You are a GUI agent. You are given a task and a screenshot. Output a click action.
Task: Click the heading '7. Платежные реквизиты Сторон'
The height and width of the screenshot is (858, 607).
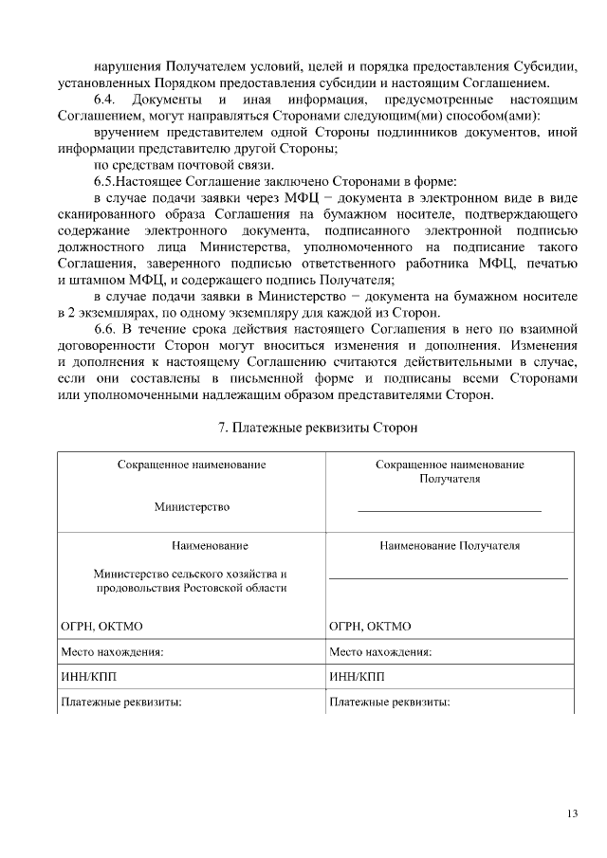click(318, 428)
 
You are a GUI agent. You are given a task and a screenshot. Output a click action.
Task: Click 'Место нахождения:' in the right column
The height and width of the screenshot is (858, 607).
click(380, 652)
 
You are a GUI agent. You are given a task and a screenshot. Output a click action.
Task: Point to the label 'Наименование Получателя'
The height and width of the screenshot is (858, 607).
click(450, 546)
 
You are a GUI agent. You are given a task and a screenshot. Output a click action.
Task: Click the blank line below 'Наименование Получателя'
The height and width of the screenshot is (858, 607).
click(449, 576)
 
